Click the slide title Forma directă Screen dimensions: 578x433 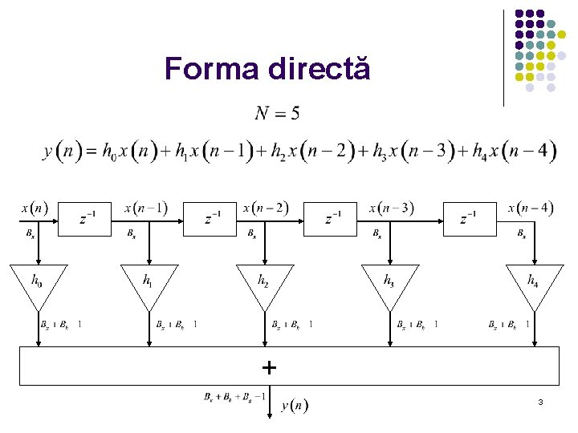pos(267,69)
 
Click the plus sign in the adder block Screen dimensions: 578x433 pos(269,368)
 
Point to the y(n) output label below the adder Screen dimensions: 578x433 pos(295,406)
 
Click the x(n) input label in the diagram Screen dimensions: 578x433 pos(34,208)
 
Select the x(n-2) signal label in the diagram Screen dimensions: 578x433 pos(266,208)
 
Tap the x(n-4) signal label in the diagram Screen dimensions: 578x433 pos(531,208)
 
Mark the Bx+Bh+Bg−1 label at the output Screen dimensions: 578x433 pos(235,396)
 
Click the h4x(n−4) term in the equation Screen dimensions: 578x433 pos(515,151)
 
